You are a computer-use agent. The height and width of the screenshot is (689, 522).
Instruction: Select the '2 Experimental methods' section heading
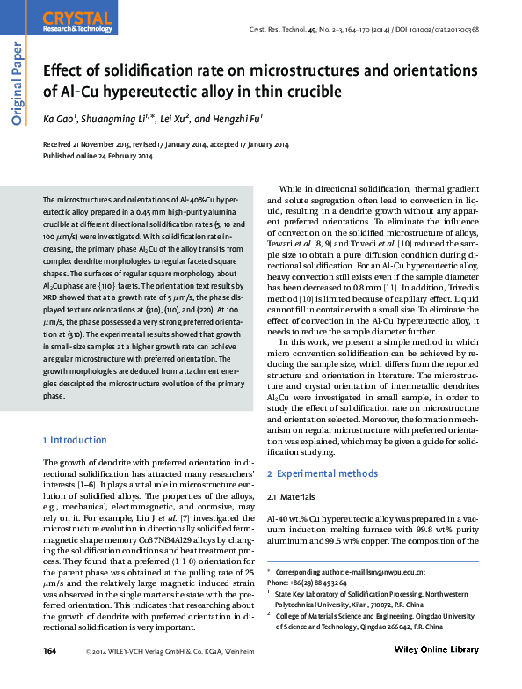[x=323, y=473]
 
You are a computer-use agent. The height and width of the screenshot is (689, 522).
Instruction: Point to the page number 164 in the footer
[x=51, y=674]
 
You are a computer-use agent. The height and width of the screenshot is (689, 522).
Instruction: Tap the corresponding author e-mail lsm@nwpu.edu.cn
[x=387, y=571]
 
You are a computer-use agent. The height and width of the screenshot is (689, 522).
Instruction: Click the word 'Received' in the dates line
[x=59, y=145]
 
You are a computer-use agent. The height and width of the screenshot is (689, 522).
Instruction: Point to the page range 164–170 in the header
[x=385, y=29]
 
